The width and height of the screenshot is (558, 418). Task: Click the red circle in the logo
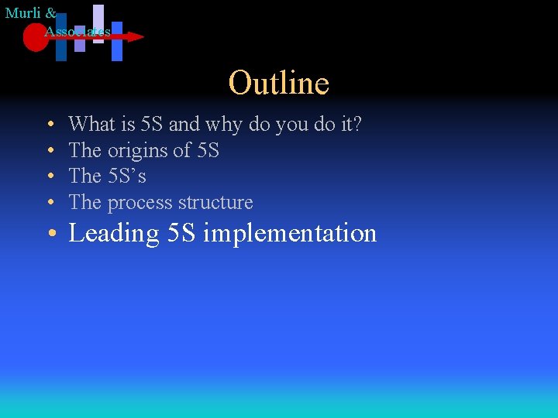point(35,37)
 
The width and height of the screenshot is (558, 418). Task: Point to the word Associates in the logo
point(77,31)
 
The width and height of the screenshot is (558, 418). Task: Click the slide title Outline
point(279,83)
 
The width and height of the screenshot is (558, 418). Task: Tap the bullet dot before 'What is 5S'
point(49,125)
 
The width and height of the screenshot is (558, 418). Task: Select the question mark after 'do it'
point(356,124)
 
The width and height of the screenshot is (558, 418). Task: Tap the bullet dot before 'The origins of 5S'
point(49,151)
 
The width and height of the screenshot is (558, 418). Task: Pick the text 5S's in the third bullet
point(126,176)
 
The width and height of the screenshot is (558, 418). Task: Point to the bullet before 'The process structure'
point(49,203)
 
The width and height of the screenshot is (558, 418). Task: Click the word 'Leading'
point(114,233)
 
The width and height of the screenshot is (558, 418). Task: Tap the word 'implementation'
point(290,233)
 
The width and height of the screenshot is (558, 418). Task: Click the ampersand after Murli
point(51,13)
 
